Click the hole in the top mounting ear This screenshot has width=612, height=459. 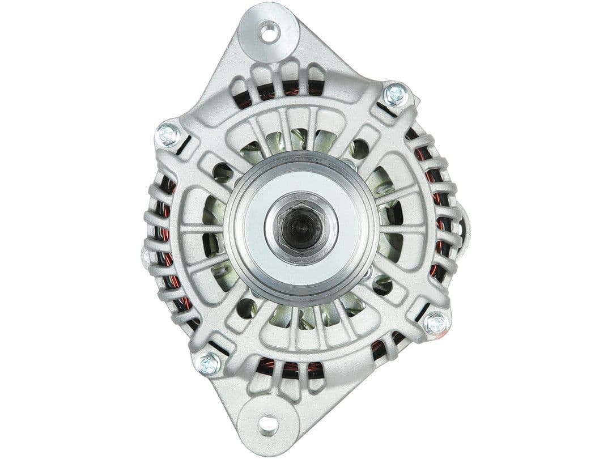[x=269, y=32]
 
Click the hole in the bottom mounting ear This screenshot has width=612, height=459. [x=269, y=423]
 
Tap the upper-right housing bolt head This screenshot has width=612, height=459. [x=395, y=95]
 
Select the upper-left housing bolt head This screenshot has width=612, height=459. [x=167, y=135]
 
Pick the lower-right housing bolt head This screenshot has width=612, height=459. [x=436, y=324]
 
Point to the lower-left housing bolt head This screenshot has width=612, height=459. [x=209, y=363]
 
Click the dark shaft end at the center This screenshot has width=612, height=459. [x=300, y=227]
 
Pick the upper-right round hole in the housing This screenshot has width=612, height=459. [x=359, y=149]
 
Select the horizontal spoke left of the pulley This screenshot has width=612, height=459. [x=201, y=229]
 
